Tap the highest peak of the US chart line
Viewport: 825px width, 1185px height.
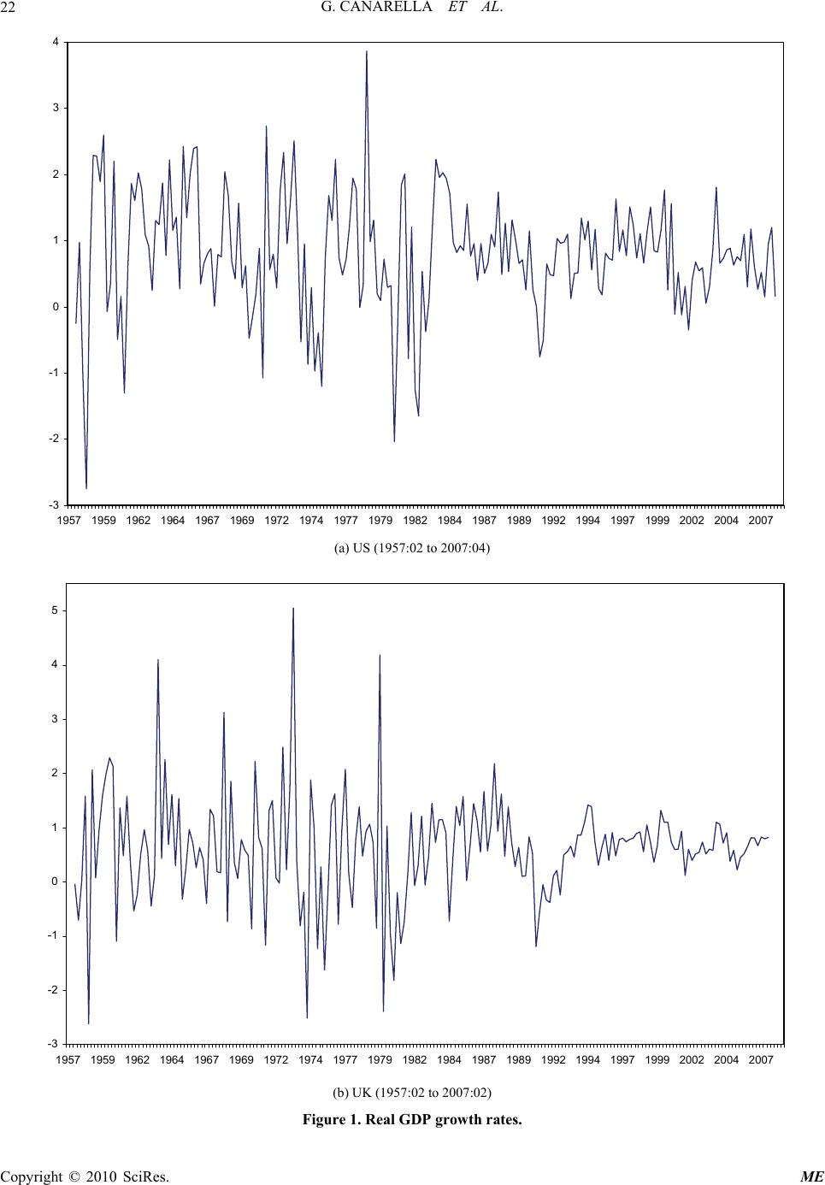pos(367,52)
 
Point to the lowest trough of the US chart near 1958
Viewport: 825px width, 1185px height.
pos(86,487)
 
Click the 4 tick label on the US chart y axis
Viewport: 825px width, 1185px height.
pos(56,42)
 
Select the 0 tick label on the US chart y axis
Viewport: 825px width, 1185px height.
pos(56,307)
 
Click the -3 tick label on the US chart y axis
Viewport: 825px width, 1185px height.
pos(54,504)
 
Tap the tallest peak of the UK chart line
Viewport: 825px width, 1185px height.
pos(293,609)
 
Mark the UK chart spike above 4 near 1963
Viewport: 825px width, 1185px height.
pos(158,660)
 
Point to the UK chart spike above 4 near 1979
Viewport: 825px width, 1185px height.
pos(380,656)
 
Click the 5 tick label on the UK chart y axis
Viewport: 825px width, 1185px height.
pos(56,610)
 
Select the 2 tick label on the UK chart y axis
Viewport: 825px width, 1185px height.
pos(56,773)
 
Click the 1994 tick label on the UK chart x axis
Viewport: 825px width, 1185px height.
pos(587,1060)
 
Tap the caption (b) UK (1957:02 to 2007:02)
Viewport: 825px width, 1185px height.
pos(412,1092)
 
